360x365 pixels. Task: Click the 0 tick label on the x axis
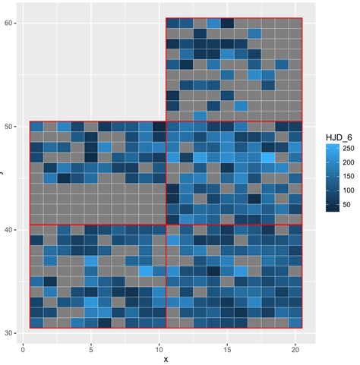23,349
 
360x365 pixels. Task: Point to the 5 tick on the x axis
91,349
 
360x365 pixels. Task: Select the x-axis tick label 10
159,349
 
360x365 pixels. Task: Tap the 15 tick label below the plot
227,349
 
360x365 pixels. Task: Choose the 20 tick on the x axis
295,349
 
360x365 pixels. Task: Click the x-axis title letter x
166,359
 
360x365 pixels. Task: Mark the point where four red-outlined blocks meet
166,225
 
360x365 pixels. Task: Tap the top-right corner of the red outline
302,17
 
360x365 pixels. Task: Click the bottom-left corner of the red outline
30,328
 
